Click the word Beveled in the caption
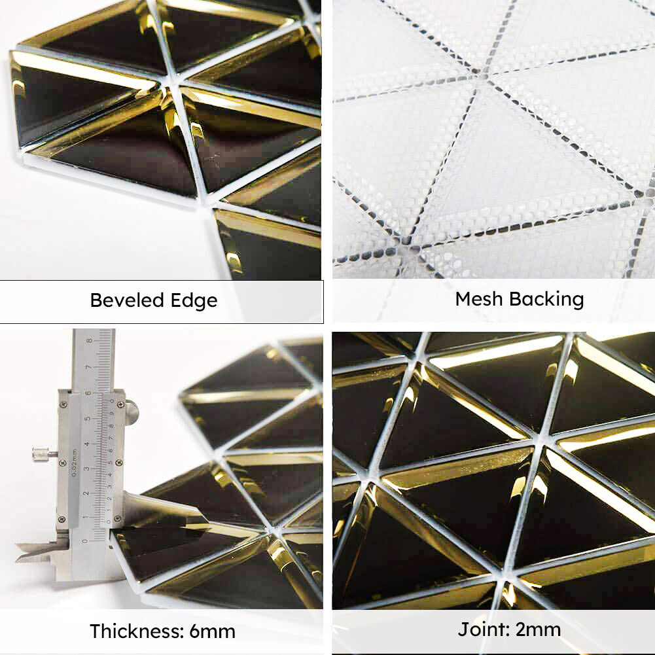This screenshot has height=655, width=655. (x=125, y=300)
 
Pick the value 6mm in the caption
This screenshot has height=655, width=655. (x=211, y=631)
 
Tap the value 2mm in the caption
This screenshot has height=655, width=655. (x=537, y=630)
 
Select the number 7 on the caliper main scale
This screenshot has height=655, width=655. (x=89, y=368)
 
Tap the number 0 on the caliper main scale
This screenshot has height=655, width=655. (x=84, y=540)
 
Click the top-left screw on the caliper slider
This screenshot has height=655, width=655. (x=63, y=405)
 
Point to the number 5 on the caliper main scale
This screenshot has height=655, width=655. (x=87, y=419)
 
